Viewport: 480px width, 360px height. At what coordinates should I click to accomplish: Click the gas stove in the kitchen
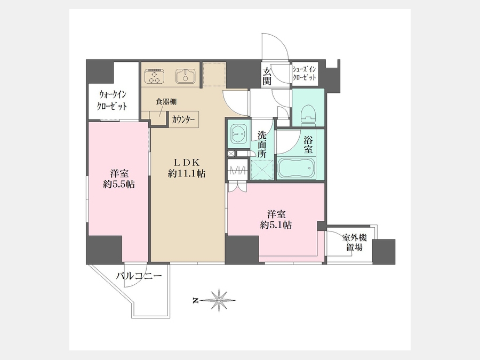pyautogui.click(x=155, y=76)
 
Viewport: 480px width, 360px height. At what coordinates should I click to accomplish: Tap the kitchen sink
pyautogui.click(x=186, y=76)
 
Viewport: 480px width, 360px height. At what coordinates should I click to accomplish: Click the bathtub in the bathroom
pyautogui.click(x=297, y=168)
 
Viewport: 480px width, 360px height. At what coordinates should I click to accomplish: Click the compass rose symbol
pyautogui.click(x=219, y=301)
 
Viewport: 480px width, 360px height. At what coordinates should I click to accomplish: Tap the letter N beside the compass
pyautogui.click(x=195, y=301)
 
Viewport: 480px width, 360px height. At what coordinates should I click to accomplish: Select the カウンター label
pyautogui.click(x=183, y=119)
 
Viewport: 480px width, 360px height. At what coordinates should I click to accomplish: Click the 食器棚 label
pyautogui.click(x=166, y=101)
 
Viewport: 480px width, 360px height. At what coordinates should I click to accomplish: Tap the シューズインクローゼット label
pyautogui.click(x=305, y=74)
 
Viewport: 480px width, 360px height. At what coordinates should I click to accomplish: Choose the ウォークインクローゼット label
pyautogui.click(x=112, y=100)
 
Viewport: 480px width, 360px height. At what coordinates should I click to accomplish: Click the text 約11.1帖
pyautogui.click(x=187, y=174)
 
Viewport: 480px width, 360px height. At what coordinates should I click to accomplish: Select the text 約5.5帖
pyautogui.click(x=119, y=184)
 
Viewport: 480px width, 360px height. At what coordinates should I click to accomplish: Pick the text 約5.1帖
pyautogui.click(x=276, y=225)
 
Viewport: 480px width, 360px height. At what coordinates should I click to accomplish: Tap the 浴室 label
pyautogui.click(x=308, y=145)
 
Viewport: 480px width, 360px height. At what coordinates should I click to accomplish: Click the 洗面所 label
pyautogui.click(x=261, y=144)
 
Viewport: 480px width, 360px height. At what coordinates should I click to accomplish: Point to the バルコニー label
pyautogui.click(x=139, y=276)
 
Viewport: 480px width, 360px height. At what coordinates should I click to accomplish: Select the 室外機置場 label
pyautogui.click(x=354, y=242)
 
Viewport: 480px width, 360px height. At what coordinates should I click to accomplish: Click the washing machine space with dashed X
pyautogui.click(x=262, y=169)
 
